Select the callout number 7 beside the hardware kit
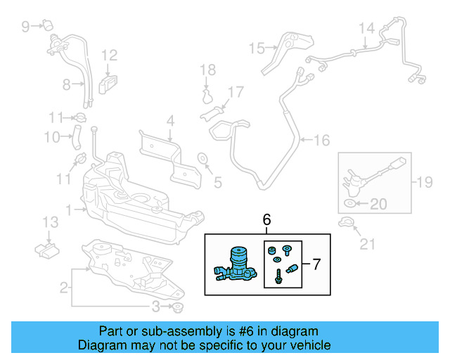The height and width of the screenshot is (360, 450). pyautogui.click(x=316, y=265)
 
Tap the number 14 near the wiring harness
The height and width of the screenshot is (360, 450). pyautogui.click(x=367, y=29)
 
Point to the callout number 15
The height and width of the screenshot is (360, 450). pyautogui.click(x=256, y=49)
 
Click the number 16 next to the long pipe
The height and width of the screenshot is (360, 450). pyautogui.click(x=321, y=141)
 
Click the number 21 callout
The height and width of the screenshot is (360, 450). pyautogui.click(x=368, y=245)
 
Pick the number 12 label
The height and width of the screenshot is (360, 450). pyautogui.click(x=109, y=56)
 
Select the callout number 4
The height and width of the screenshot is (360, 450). pyautogui.click(x=169, y=124)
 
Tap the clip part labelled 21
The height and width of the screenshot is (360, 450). pyautogui.click(x=344, y=224)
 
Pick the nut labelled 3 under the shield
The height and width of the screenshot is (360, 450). pyautogui.click(x=178, y=308)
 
